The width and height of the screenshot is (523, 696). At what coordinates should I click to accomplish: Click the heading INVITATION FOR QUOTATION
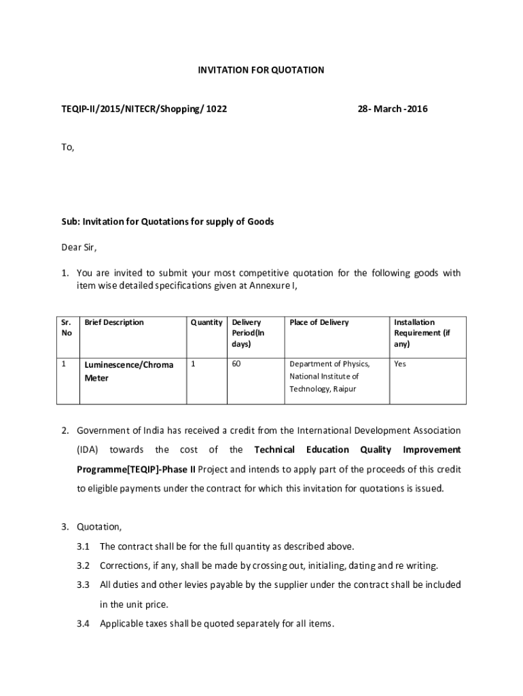pos(261,70)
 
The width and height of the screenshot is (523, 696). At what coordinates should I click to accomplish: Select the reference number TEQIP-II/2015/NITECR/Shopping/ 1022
pos(144,109)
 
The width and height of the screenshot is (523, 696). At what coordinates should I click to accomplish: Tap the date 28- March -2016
pos(393,109)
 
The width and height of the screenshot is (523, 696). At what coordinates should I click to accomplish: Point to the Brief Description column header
pos(114,322)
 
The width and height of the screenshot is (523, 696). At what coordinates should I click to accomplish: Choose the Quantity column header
pos(206,322)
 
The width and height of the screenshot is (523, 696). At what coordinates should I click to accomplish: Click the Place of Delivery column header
pos(319,322)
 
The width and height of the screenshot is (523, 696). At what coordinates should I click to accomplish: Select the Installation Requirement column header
pos(421,333)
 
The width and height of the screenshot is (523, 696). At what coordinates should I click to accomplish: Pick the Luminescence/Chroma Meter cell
pos(128,371)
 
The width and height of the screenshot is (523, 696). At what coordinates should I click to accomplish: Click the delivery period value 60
pos(236,364)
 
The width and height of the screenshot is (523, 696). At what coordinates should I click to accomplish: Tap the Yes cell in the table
pos(400,364)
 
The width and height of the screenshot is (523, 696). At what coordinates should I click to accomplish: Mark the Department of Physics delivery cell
pos(329,377)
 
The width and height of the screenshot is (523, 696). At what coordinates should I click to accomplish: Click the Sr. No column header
pos(66,328)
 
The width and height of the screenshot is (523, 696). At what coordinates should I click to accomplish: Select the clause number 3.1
pos(84,546)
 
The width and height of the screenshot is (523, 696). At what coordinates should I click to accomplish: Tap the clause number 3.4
pos(84,623)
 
